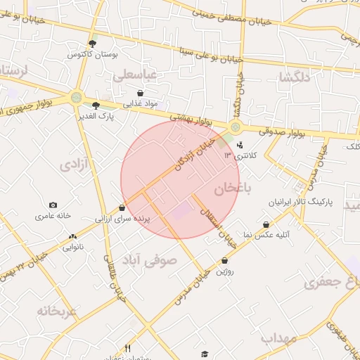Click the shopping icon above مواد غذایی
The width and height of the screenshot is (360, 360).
141,93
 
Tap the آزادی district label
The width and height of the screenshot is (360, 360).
75,165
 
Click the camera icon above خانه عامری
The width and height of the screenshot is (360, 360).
53,205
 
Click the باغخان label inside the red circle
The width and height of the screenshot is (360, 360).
233,188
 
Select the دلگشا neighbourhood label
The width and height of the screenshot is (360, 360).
294,77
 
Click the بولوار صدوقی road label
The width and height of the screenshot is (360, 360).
281,131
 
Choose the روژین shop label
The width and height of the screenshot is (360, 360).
225,271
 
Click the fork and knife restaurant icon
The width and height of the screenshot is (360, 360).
127,347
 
